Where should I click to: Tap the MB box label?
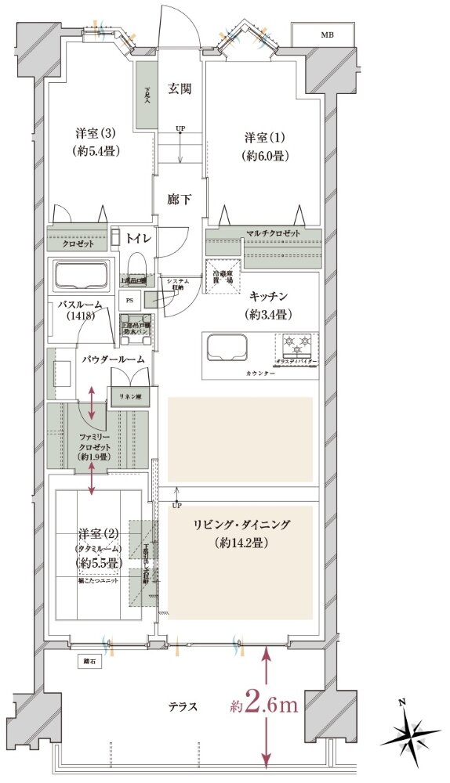pyautogui.click(x=325, y=35)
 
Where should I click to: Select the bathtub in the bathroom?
pyautogui.click(x=80, y=276)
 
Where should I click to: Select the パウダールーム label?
pyautogui.click(x=114, y=358)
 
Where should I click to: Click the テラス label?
pyautogui.click(x=181, y=706)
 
